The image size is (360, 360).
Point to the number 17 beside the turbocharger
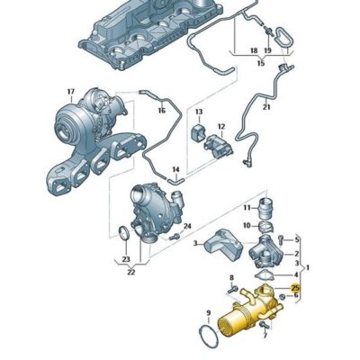click(68, 92)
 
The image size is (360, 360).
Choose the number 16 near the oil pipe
click(162, 110)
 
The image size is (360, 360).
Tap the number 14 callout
click(176, 169)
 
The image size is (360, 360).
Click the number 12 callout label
click(220, 127)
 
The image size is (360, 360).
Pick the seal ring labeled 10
click(246, 207)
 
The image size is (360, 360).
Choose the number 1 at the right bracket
click(310, 267)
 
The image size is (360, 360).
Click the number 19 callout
click(267, 52)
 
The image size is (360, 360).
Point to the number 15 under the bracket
click(260, 64)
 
